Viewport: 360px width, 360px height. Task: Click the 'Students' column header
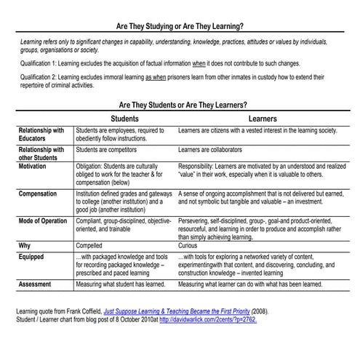[x=124, y=118]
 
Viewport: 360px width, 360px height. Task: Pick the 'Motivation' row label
[x=37, y=167]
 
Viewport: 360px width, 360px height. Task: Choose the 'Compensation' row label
[x=41, y=194]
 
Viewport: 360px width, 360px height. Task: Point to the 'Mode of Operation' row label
[x=48, y=220]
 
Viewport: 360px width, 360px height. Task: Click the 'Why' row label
[x=26, y=246]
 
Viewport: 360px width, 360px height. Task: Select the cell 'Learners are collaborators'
[x=217, y=150]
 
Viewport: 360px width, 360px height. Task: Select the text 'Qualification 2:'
[x=42, y=79]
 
